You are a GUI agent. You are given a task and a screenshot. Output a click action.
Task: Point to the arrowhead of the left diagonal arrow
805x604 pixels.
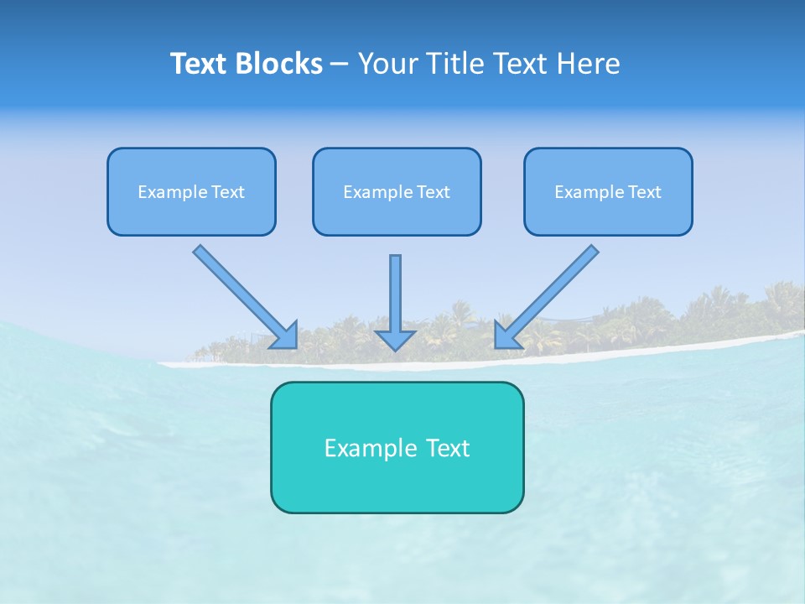click(x=285, y=336)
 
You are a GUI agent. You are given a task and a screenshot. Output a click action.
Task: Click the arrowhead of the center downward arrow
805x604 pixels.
click(x=395, y=339)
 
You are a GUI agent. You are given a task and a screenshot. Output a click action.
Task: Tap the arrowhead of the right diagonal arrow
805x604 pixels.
click(x=506, y=336)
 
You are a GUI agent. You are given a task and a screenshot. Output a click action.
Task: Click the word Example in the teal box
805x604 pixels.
click(x=360, y=448)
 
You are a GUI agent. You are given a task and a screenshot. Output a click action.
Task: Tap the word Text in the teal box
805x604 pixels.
click(x=449, y=448)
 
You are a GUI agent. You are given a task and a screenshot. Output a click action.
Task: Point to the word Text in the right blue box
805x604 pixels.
click(x=645, y=192)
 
